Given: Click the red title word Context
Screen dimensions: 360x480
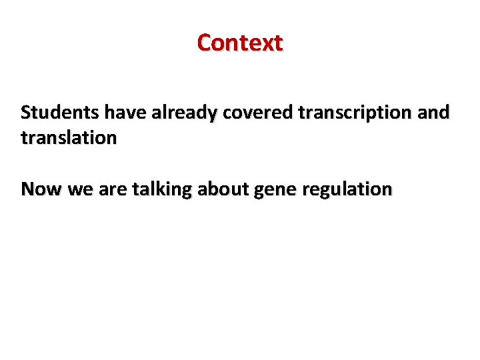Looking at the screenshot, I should coord(240,43).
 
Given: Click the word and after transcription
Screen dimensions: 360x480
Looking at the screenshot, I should coord(435,113).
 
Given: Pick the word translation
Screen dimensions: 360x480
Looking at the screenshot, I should coord(69,139).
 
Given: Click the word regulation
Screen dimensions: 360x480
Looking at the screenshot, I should coord(347,190).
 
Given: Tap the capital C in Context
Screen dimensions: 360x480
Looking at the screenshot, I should coord(204,43).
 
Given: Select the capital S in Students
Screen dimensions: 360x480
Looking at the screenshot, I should coord(25,113).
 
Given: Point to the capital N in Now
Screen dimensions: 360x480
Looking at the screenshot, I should coord(27,189).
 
